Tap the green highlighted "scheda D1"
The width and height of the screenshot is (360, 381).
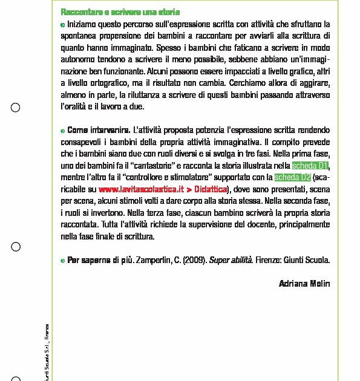coord(310,165)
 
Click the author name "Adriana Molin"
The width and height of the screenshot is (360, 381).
coord(304,283)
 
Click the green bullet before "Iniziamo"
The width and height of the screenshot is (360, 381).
coord(63,25)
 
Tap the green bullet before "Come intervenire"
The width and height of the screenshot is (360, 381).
coord(63,130)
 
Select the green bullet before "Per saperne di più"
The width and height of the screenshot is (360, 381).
coord(63,261)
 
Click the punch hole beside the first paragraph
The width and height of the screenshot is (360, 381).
coord(16,108)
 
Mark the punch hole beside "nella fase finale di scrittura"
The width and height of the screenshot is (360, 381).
coord(16,247)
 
